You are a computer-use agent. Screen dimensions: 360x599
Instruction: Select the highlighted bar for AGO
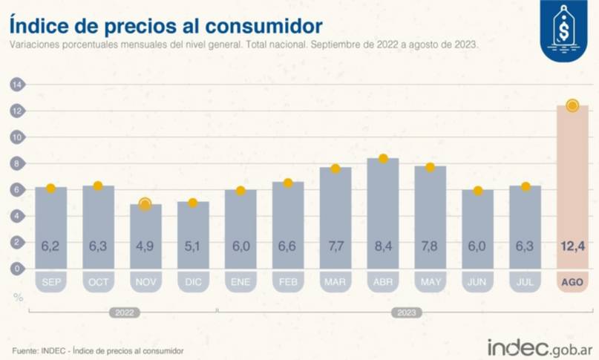(572, 186)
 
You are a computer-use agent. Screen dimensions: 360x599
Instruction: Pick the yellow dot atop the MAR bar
(335, 168)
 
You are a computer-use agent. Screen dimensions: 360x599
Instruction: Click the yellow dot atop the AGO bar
(572, 105)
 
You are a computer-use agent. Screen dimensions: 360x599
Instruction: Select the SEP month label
(51, 281)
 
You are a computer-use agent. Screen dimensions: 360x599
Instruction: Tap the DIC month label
(193, 281)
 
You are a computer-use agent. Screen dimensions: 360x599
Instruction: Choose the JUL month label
(525, 281)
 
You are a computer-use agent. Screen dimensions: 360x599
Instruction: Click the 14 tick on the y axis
(15, 85)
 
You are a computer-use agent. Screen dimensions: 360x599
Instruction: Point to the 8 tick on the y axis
(15, 163)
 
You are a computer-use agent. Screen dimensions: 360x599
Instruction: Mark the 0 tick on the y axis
(15, 269)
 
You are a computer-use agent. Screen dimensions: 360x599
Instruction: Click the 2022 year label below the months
(125, 313)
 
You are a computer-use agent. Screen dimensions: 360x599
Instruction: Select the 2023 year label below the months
(406, 313)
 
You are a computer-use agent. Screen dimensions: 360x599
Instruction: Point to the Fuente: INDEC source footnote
(97, 350)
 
